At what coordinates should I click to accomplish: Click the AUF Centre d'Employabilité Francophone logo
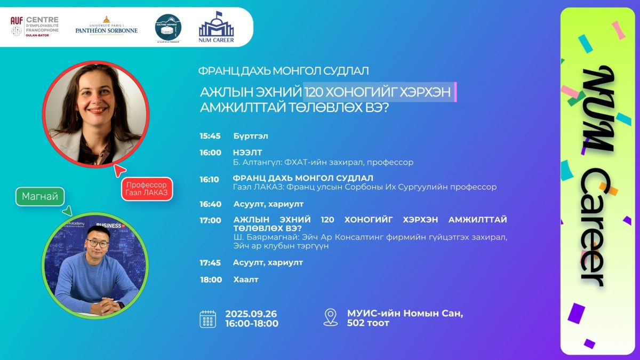(x=35, y=27)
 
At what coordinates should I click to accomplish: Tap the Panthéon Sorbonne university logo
(x=106, y=26)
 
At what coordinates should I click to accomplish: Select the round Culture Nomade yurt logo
(x=168, y=28)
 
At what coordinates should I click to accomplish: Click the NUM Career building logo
(x=217, y=27)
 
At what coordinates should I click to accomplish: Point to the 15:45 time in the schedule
(x=210, y=136)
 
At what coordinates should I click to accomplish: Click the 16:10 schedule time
(x=209, y=179)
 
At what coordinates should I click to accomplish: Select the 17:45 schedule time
(x=210, y=262)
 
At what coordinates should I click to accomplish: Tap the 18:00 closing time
(x=211, y=279)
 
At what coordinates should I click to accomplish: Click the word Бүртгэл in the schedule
(x=251, y=136)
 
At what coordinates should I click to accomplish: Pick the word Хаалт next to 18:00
(x=246, y=279)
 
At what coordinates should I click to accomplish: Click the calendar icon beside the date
(x=207, y=319)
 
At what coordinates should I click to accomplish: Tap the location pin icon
(x=331, y=317)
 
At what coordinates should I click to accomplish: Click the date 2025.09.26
(x=251, y=314)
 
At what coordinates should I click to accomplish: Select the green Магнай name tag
(x=40, y=197)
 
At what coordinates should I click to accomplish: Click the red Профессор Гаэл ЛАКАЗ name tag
(x=147, y=189)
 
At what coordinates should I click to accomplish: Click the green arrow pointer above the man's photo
(x=68, y=211)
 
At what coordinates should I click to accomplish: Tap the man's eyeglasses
(x=98, y=243)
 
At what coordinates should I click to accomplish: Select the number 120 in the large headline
(x=314, y=92)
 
